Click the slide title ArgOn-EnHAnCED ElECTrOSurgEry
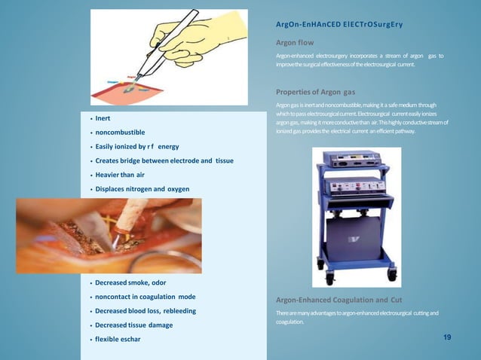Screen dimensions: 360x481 click(x=339, y=25)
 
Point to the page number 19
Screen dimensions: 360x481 click(x=447, y=337)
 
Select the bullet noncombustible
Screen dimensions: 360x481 click(x=120, y=133)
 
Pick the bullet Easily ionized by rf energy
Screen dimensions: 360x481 click(x=136, y=146)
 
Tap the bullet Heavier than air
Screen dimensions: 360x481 click(x=119, y=174)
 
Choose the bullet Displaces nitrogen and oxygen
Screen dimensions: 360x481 click(x=142, y=188)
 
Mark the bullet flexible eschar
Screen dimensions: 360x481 click(x=118, y=339)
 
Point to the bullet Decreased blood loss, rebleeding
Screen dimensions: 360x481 click(x=146, y=311)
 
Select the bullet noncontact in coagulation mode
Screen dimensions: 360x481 click(x=145, y=297)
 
